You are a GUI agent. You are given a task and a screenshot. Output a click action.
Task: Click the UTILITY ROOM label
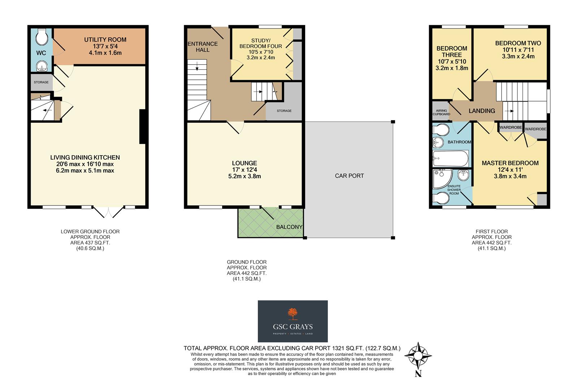(105, 40)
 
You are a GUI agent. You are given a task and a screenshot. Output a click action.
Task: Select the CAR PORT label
(349, 176)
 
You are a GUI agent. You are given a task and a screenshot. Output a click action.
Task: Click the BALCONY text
(289, 227)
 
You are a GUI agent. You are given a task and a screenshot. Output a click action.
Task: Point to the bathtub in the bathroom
(450, 158)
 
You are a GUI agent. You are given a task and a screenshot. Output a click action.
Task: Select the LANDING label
(482, 111)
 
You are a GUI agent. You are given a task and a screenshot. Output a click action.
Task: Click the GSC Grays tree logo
(293, 314)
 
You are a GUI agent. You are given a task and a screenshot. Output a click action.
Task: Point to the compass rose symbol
(418, 356)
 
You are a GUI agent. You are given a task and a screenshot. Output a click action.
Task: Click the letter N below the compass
(418, 373)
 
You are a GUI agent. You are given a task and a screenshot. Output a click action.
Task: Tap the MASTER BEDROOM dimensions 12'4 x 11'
(510, 170)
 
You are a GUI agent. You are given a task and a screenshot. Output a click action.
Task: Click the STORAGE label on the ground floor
(284, 111)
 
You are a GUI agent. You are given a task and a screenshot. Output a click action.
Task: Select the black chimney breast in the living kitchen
(143, 127)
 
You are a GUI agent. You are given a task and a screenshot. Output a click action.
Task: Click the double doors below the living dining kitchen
(108, 212)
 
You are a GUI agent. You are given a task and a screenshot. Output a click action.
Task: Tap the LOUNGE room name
(244, 163)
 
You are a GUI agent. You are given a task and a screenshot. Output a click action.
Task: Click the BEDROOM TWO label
(518, 43)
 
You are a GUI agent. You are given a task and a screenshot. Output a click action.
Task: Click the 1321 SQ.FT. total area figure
(346, 348)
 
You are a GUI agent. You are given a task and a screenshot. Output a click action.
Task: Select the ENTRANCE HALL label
(203, 47)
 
